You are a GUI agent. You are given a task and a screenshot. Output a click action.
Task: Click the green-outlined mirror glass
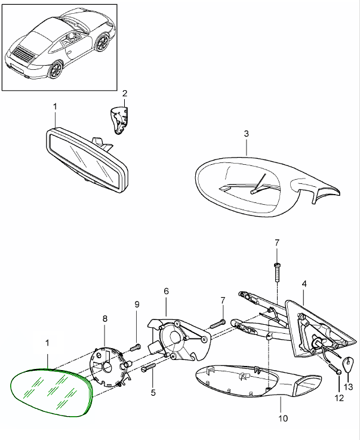tap(51, 392)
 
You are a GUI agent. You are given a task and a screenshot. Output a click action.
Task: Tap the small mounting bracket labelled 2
tap(121, 120)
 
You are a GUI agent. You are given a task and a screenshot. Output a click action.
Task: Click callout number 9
tap(137, 304)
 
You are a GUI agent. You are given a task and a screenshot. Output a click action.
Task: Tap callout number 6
tap(166, 291)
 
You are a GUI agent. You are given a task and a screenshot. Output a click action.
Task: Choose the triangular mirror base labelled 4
tap(313, 331)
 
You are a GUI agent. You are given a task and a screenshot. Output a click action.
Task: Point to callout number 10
tap(283, 418)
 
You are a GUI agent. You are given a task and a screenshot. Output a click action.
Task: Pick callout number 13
tap(349, 387)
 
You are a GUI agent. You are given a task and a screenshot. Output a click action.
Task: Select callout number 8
tap(105, 319)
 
